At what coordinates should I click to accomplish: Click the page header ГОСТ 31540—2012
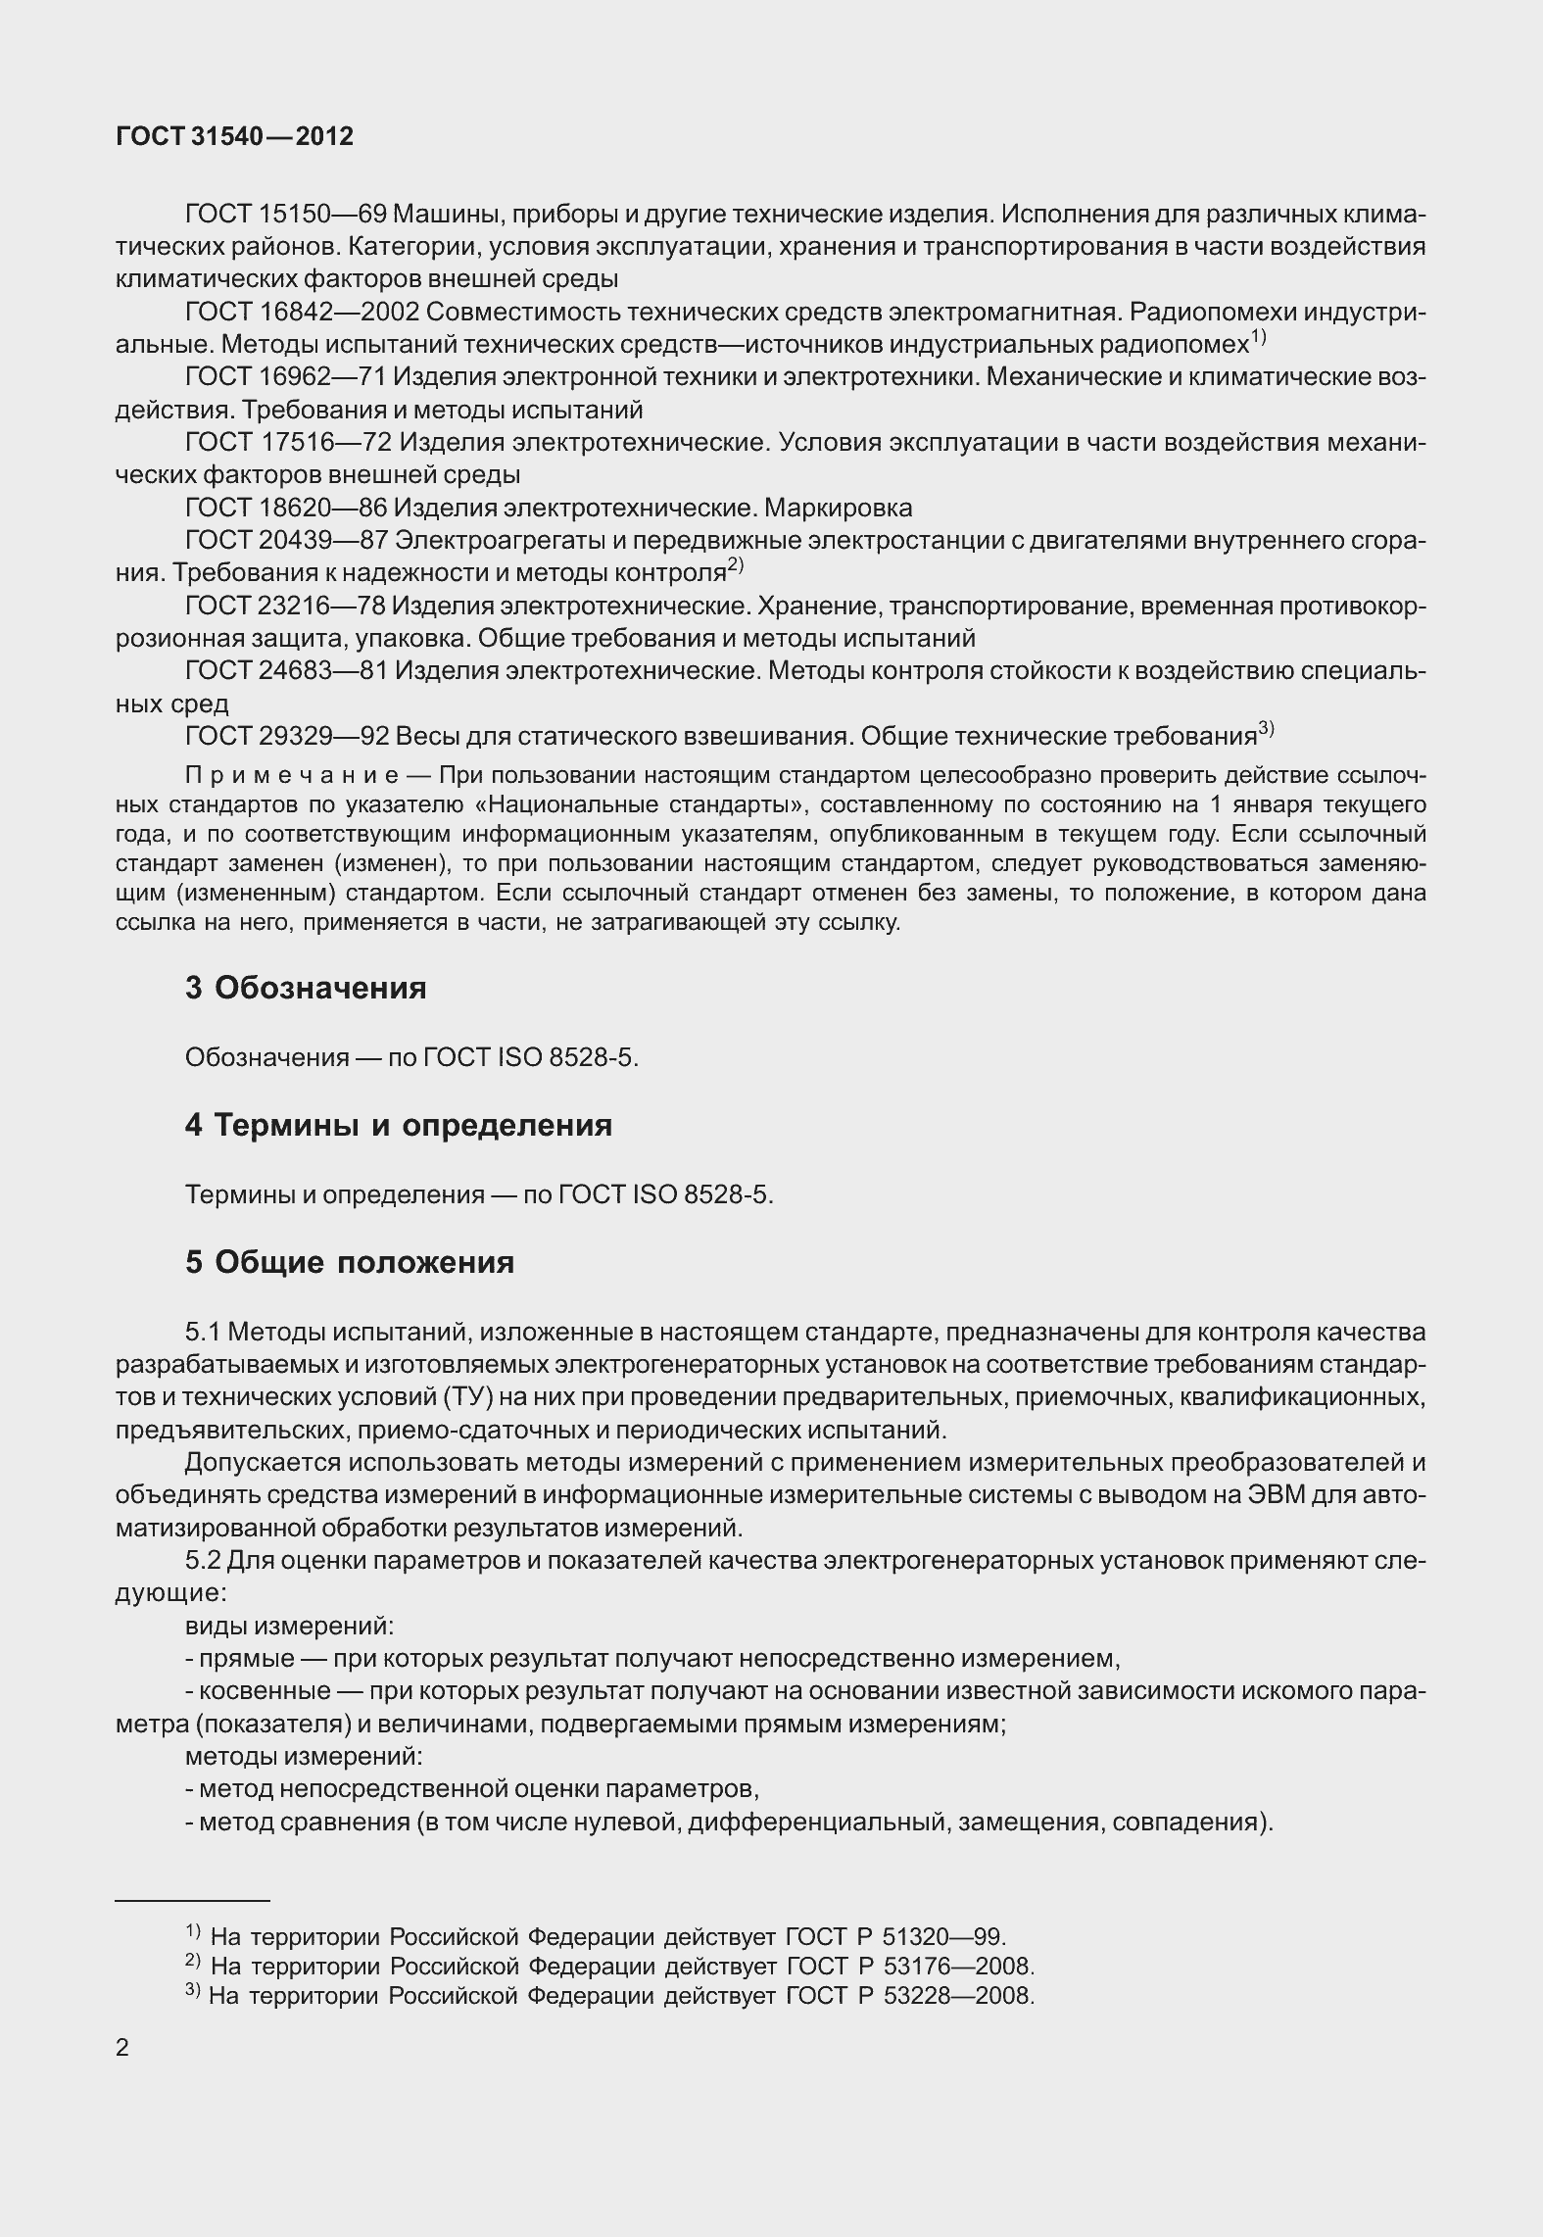coord(234,136)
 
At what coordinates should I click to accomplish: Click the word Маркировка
coord(838,508)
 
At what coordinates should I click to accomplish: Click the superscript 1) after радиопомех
coord(1259,338)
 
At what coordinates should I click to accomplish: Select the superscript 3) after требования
coord(1266,728)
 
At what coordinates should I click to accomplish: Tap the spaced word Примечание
coord(292,776)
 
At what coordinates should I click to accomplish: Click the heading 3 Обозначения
coord(306,988)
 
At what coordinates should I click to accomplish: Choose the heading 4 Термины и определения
coord(398,1125)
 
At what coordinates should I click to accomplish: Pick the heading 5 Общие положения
coord(350,1262)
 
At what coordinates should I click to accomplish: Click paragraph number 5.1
coord(206,1333)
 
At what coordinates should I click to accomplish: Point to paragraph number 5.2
coord(206,1561)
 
